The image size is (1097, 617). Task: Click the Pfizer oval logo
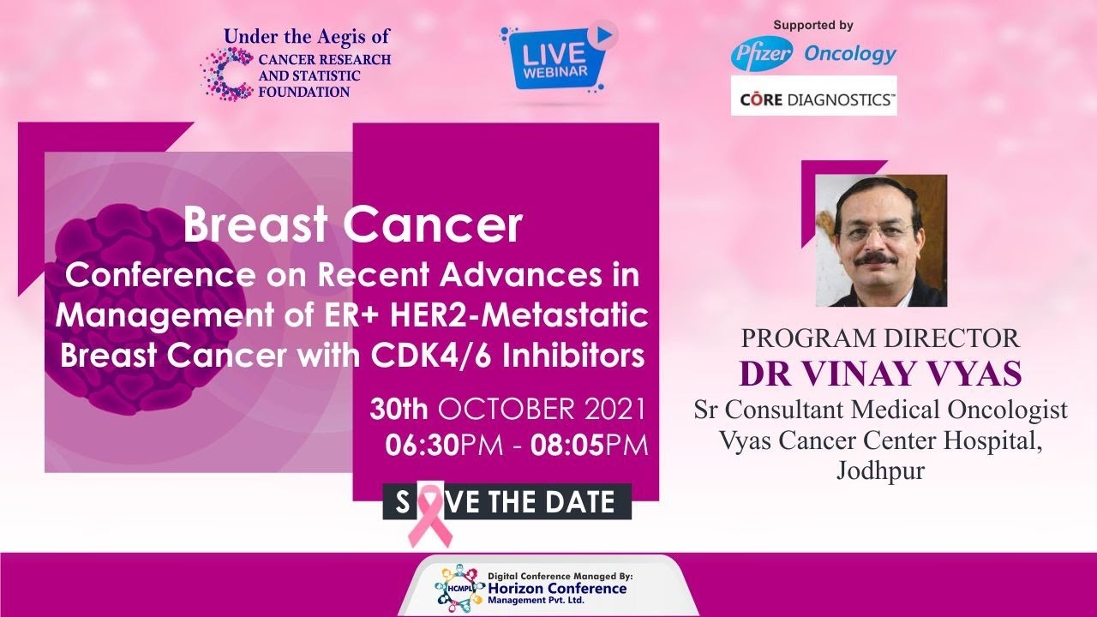click(x=762, y=53)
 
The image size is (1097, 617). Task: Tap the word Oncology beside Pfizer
click(x=850, y=54)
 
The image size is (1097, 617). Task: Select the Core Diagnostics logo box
click(x=814, y=95)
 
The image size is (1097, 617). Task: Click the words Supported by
click(x=813, y=25)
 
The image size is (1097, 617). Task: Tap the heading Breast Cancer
click(x=353, y=225)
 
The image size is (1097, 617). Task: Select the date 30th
click(x=399, y=410)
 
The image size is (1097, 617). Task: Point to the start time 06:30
click(x=423, y=446)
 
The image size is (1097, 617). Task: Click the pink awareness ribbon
click(x=429, y=515)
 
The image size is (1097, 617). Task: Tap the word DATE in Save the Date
click(x=574, y=502)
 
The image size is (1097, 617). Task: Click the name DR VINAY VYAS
click(x=880, y=374)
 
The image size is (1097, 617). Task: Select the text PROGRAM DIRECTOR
click(x=880, y=338)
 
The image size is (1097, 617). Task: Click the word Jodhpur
click(x=880, y=471)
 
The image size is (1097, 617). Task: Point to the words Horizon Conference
click(x=557, y=588)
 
